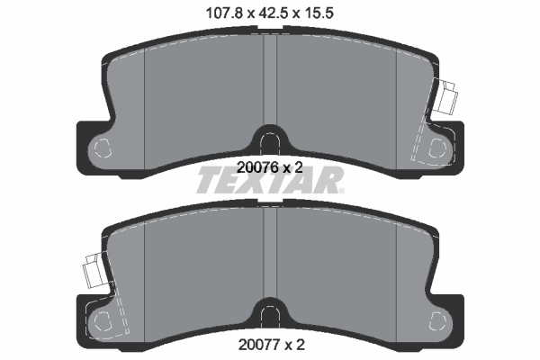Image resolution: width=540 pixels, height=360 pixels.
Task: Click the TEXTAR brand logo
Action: (x=270, y=183)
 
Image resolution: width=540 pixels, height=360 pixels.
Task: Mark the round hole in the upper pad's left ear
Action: (x=103, y=148)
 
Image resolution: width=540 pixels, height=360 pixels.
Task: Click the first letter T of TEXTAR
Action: (x=209, y=183)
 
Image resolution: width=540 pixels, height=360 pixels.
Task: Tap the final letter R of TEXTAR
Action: (x=330, y=183)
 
